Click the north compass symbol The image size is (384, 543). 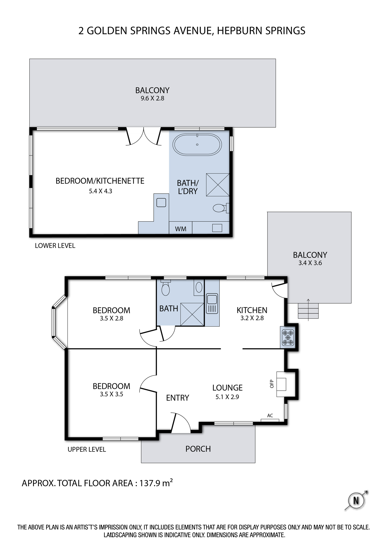tap(356, 500)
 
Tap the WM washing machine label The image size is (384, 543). tap(181, 229)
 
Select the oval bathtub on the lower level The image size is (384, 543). tap(197, 144)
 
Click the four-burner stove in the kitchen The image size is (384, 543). tap(288, 337)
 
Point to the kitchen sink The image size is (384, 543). tap(212, 304)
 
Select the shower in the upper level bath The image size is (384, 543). tap(192, 314)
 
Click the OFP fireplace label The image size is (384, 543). tap(272, 384)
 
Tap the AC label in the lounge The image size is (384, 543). tap(270, 416)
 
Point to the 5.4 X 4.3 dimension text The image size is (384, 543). tap(100, 191)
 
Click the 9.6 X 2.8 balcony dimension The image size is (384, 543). tap(152, 98)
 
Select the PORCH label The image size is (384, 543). tap(198, 449)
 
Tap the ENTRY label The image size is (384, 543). tap(178, 398)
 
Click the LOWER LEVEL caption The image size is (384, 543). tap(55, 246)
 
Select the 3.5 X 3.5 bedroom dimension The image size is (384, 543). tap(111, 394)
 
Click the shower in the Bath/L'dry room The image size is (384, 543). tap(218, 185)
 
